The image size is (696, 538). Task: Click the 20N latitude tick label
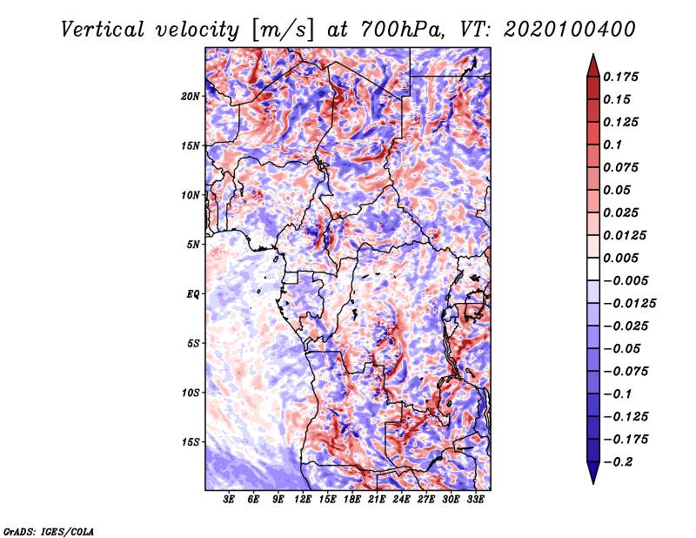click(x=191, y=96)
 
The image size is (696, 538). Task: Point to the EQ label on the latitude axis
click(x=193, y=293)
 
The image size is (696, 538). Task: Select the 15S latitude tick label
click(x=191, y=441)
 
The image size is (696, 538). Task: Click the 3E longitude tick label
click(x=229, y=500)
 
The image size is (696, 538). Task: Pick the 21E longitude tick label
click(x=376, y=500)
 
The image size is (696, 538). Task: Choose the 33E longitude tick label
click(x=474, y=500)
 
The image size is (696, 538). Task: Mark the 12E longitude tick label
click(x=303, y=500)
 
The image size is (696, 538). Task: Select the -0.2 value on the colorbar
click(x=620, y=461)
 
